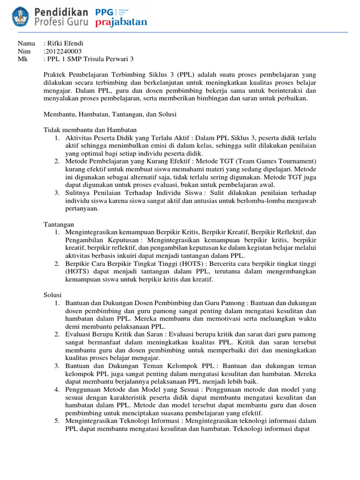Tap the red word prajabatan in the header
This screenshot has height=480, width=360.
coord(121,22)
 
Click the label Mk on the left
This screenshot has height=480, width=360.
coord(22,59)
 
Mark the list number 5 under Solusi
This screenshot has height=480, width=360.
coord(56,420)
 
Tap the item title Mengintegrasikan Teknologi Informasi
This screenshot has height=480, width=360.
coord(123,420)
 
